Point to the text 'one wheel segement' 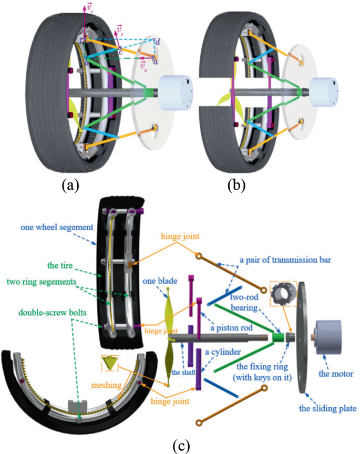[55, 228]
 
